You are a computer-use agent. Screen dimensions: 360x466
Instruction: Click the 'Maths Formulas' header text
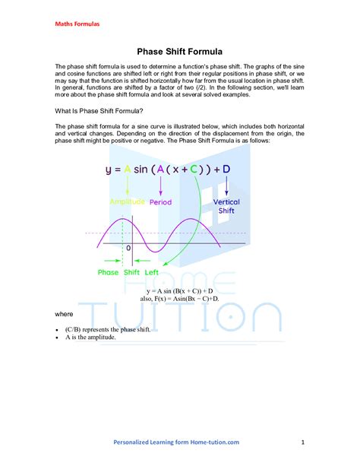(77, 24)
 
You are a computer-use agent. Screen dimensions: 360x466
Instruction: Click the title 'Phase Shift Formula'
(179, 52)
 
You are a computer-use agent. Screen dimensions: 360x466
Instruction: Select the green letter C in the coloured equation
(195, 170)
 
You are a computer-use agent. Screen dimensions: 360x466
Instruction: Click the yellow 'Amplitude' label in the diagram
(127, 202)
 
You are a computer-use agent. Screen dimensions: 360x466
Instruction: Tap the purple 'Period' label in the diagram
(163, 202)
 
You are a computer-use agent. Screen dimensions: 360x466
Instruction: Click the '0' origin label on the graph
(128, 248)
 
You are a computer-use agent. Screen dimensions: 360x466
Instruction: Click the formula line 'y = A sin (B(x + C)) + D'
(179, 290)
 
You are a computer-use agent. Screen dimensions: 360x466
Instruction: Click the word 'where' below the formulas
(65, 313)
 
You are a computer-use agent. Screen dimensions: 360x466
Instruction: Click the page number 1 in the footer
(302, 442)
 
